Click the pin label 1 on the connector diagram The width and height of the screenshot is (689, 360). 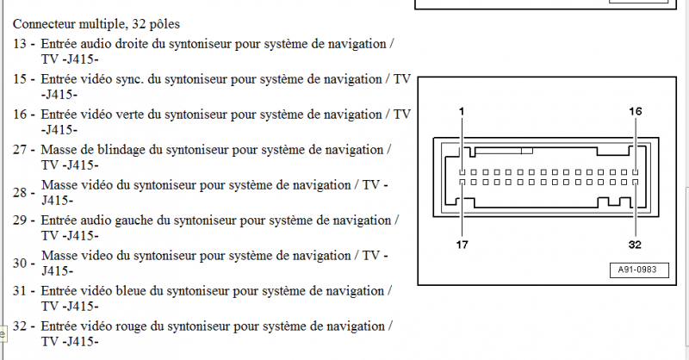(x=462, y=111)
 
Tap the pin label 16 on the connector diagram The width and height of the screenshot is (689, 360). (x=636, y=111)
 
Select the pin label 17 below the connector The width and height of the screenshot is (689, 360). (x=462, y=245)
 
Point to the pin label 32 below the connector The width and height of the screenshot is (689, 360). (x=635, y=245)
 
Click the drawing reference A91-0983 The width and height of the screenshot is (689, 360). (x=637, y=270)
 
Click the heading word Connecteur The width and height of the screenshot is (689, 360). (x=44, y=24)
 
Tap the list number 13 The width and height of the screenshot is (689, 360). (x=20, y=44)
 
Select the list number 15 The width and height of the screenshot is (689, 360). (x=20, y=79)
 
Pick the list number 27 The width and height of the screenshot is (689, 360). (x=20, y=150)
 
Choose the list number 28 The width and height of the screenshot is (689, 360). (x=20, y=193)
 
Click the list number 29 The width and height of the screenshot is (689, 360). (x=20, y=220)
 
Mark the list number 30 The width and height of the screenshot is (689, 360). (x=20, y=263)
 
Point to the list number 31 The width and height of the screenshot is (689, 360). (x=20, y=291)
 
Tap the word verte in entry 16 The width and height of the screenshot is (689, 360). (x=131, y=115)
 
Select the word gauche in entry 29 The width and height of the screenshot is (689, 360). (x=134, y=220)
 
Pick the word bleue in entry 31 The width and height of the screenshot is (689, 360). (x=131, y=291)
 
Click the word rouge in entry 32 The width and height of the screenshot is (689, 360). (x=131, y=326)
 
